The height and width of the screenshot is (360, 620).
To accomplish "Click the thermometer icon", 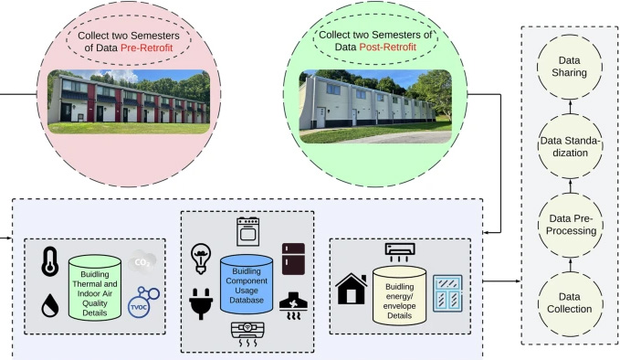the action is point(50,261).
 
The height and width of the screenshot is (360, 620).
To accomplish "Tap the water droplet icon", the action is point(50,305).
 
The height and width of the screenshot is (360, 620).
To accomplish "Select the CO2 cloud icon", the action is point(142,261).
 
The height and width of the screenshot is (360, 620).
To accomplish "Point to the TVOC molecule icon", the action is point(143,302).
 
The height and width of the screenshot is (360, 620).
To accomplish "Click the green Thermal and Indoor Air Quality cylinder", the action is point(95,288).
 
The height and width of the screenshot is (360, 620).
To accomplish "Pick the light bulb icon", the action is point(201,259).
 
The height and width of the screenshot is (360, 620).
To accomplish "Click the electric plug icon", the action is point(201,304).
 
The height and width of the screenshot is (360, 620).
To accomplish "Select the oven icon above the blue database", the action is point(248,231).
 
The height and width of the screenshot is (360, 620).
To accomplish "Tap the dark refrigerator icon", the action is point(293,259).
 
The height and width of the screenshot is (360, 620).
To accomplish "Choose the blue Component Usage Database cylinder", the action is point(247,284).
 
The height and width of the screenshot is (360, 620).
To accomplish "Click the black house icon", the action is point(352,289).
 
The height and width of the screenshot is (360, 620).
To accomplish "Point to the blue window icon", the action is point(447,293).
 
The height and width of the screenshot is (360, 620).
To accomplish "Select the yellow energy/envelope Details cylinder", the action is point(399,296).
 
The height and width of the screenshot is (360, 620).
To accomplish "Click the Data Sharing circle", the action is point(570,67).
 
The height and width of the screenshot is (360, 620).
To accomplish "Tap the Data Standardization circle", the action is point(570,146).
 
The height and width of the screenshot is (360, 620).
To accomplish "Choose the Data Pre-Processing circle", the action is point(571,225).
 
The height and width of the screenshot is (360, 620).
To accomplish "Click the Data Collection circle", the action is point(570,303).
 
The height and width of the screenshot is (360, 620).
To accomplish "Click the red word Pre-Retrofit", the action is point(147,48).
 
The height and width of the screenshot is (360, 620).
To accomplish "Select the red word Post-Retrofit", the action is point(387,48).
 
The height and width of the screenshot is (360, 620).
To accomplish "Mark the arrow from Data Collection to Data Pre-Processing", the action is point(570,264).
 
